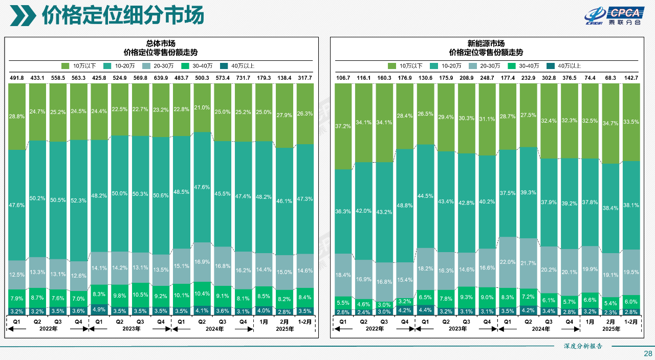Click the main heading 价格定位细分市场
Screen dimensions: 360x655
point(123,15)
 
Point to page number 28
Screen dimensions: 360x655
point(647,353)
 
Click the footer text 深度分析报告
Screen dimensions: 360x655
point(583,346)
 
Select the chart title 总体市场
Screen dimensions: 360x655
point(161,43)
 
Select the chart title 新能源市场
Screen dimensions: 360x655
point(486,43)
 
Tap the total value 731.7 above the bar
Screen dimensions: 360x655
point(243,78)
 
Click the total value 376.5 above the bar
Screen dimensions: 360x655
point(569,78)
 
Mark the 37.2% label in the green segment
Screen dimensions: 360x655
point(343,126)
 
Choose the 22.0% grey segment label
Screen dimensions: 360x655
point(507,262)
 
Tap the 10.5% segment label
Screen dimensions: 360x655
point(140,295)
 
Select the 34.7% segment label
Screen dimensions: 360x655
point(610,124)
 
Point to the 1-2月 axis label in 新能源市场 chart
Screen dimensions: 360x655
point(631,322)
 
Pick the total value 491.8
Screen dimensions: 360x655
point(17,78)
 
